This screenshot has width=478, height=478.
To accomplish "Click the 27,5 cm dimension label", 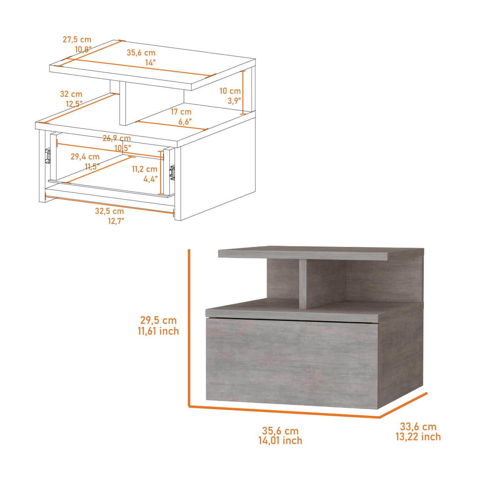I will click(x=77, y=40).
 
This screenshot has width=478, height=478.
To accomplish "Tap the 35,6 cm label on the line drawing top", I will click(x=141, y=53).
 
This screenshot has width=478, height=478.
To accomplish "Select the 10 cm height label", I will click(x=230, y=91).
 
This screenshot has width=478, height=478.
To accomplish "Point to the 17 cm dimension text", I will click(x=181, y=112).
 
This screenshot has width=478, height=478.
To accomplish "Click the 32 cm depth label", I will click(x=71, y=94).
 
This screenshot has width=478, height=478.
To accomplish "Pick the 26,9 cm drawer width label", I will click(x=116, y=138).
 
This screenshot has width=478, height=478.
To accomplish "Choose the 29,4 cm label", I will click(x=85, y=157).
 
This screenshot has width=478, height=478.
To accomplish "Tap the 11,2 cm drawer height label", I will click(x=145, y=169).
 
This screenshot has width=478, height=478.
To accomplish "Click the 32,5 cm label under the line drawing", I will click(x=109, y=211).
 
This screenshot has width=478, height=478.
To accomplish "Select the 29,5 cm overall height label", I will click(x=158, y=320).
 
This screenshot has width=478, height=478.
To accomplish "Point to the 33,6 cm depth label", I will click(x=418, y=427).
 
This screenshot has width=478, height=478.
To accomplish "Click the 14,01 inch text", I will click(x=280, y=441).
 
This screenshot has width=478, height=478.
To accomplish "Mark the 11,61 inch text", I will click(x=158, y=331).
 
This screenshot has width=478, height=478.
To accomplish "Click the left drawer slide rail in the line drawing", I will click(x=48, y=156).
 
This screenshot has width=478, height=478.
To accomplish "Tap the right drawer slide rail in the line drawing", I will click(x=172, y=173).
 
